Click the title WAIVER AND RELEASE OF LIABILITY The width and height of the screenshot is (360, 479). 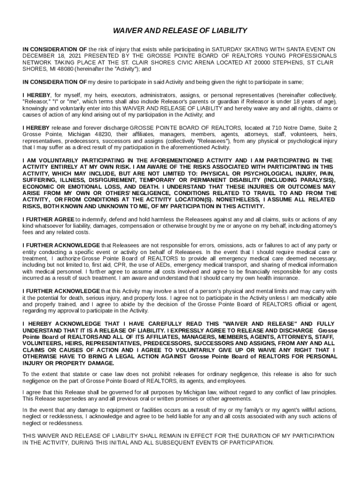tap(180, 31)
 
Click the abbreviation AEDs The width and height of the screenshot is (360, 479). tap(169, 265)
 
